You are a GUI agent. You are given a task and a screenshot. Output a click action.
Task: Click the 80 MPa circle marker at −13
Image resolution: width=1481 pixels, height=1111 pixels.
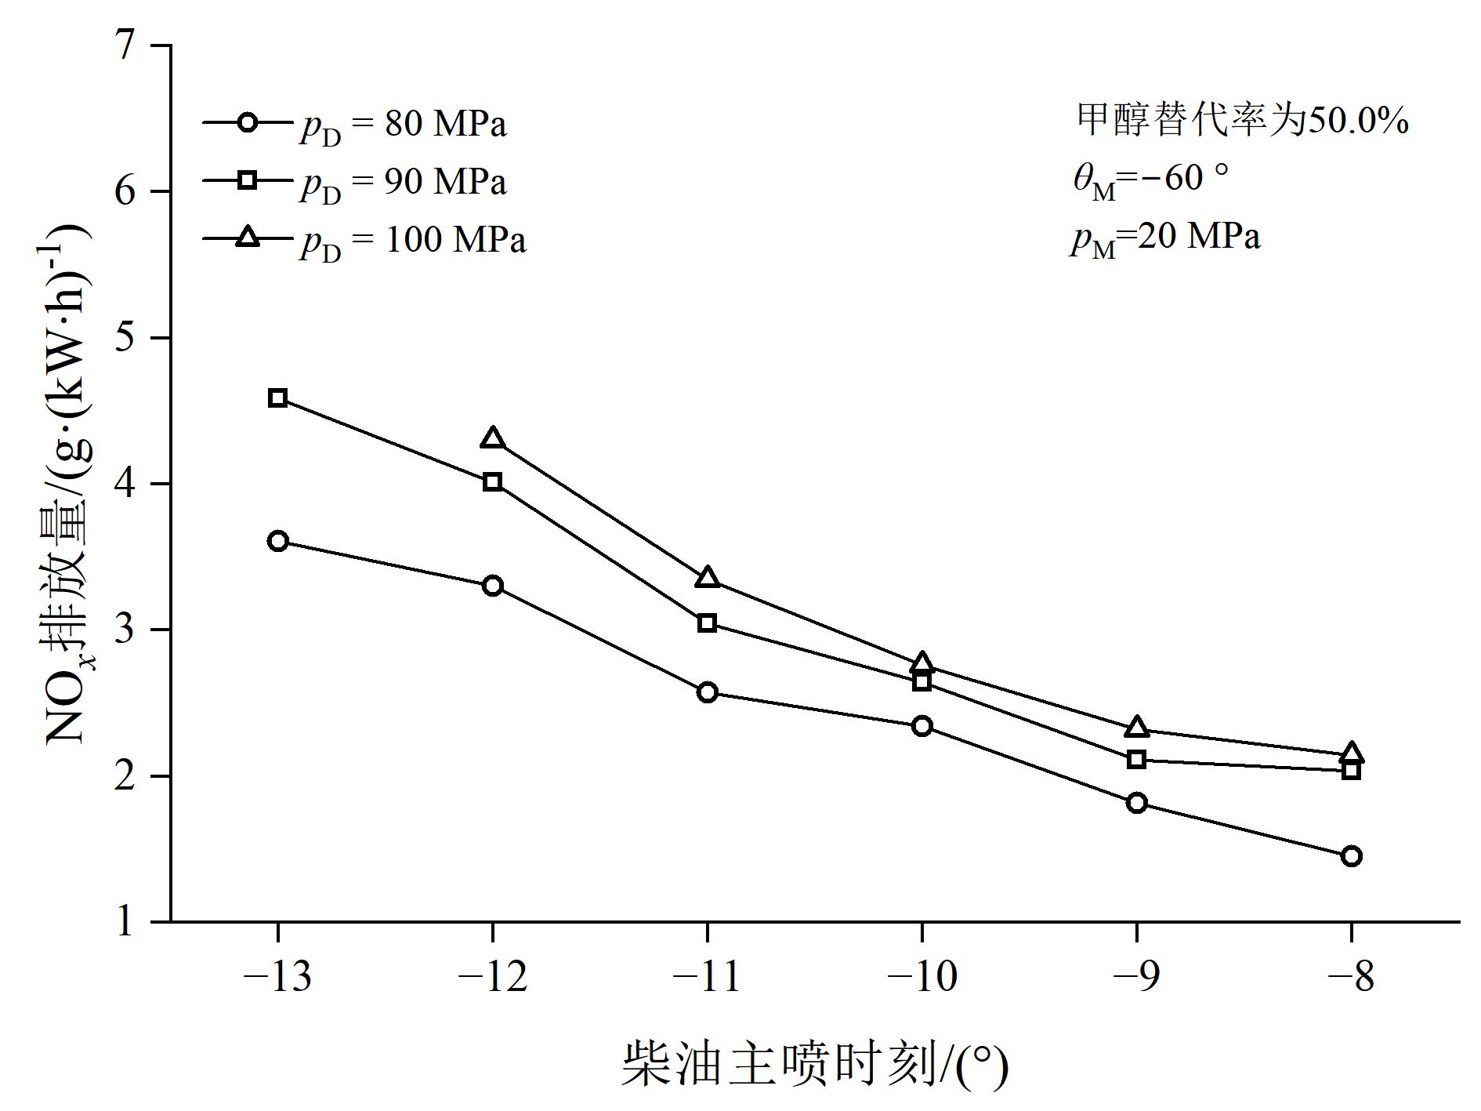click(x=278, y=541)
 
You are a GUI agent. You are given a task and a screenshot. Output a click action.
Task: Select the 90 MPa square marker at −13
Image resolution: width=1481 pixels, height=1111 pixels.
click(x=278, y=398)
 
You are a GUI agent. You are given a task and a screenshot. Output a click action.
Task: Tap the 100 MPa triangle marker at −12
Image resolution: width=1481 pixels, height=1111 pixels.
click(x=493, y=438)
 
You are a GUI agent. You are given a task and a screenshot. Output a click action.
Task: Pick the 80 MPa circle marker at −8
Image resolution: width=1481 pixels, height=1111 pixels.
click(x=1351, y=856)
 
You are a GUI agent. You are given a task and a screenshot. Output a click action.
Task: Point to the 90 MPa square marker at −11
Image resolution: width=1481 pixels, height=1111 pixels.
click(x=707, y=623)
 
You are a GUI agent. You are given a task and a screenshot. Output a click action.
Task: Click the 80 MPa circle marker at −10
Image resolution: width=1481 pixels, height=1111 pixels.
click(x=922, y=726)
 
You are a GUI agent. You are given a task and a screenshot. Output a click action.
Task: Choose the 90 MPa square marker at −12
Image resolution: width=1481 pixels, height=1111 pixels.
click(x=493, y=481)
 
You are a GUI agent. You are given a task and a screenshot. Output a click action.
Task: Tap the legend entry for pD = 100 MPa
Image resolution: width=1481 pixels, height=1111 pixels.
click(x=364, y=240)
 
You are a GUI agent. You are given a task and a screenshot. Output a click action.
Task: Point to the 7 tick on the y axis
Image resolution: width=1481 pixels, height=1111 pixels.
click(x=125, y=45)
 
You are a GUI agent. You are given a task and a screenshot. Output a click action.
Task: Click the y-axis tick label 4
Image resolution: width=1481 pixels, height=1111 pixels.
click(x=125, y=484)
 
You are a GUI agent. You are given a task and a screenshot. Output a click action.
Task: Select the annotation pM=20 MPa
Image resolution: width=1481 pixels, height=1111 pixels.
click(x=1167, y=238)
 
